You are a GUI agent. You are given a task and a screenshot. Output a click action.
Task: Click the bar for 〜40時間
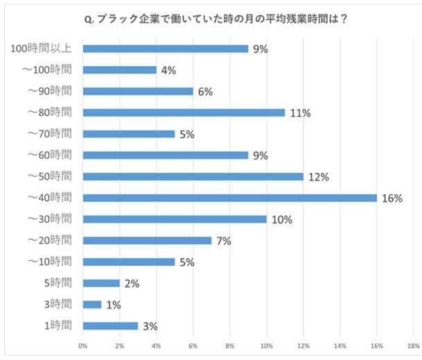click(x=229, y=198)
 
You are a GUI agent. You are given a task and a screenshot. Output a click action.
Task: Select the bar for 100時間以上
click(x=165, y=49)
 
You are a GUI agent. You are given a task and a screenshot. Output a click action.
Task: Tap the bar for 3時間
click(x=91, y=305)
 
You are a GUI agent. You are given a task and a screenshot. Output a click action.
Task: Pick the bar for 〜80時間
click(x=183, y=112)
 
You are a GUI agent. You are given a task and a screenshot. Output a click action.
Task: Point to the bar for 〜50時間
click(x=193, y=176)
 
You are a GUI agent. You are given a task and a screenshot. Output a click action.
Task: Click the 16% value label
click(x=392, y=198)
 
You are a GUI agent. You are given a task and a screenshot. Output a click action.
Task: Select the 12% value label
click(x=318, y=176)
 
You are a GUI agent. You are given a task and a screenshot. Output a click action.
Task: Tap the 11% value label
click(x=299, y=112)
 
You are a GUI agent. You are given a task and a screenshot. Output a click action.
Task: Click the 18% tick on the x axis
click(x=413, y=345)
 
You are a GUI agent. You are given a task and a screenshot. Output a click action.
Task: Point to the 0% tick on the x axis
click(x=83, y=345)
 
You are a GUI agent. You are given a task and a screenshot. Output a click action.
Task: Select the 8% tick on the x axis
click(x=229, y=345)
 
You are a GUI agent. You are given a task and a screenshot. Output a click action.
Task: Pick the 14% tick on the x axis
click(x=340, y=345)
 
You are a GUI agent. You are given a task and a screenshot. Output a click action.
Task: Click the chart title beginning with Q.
click(x=216, y=19)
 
